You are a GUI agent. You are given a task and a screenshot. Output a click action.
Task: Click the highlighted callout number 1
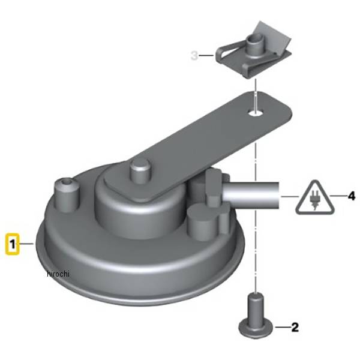tap(13, 244)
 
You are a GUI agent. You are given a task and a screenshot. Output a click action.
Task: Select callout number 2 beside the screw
tap(295, 327)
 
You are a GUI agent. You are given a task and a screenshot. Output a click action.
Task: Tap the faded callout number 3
tap(194, 56)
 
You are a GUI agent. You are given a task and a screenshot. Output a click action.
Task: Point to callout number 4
tap(351, 196)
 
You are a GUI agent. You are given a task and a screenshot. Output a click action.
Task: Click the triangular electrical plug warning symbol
tap(315, 198)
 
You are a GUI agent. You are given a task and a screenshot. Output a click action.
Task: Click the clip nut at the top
tap(254, 50)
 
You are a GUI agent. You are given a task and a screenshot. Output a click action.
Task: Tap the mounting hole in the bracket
tap(256, 113)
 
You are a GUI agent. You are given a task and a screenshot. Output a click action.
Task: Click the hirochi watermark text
tap(58, 274)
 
